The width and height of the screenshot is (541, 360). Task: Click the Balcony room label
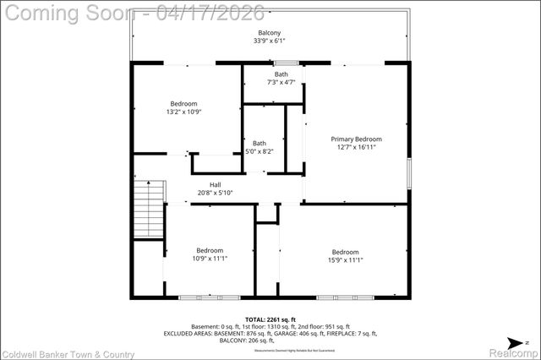click(x=270, y=32)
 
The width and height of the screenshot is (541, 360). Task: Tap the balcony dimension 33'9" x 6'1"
click(x=270, y=41)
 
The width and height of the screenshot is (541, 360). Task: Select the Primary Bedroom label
click(x=356, y=139)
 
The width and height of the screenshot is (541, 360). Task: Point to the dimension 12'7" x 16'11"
click(x=356, y=147)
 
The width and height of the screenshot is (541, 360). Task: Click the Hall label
click(x=215, y=184)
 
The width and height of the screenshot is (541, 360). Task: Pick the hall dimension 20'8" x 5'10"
click(x=215, y=193)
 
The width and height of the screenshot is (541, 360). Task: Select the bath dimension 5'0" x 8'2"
click(x=259, y=151)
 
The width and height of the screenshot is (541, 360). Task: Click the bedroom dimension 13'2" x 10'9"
click(x=183, y=112)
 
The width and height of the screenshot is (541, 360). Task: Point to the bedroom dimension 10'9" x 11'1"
click(x=210, y=259)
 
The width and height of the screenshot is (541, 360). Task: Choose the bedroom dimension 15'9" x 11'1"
click(x=345, y=260)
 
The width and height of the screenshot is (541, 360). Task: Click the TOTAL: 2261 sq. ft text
click(x=270, y=319)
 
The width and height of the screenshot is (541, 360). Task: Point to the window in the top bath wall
click(x=286, y=63)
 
